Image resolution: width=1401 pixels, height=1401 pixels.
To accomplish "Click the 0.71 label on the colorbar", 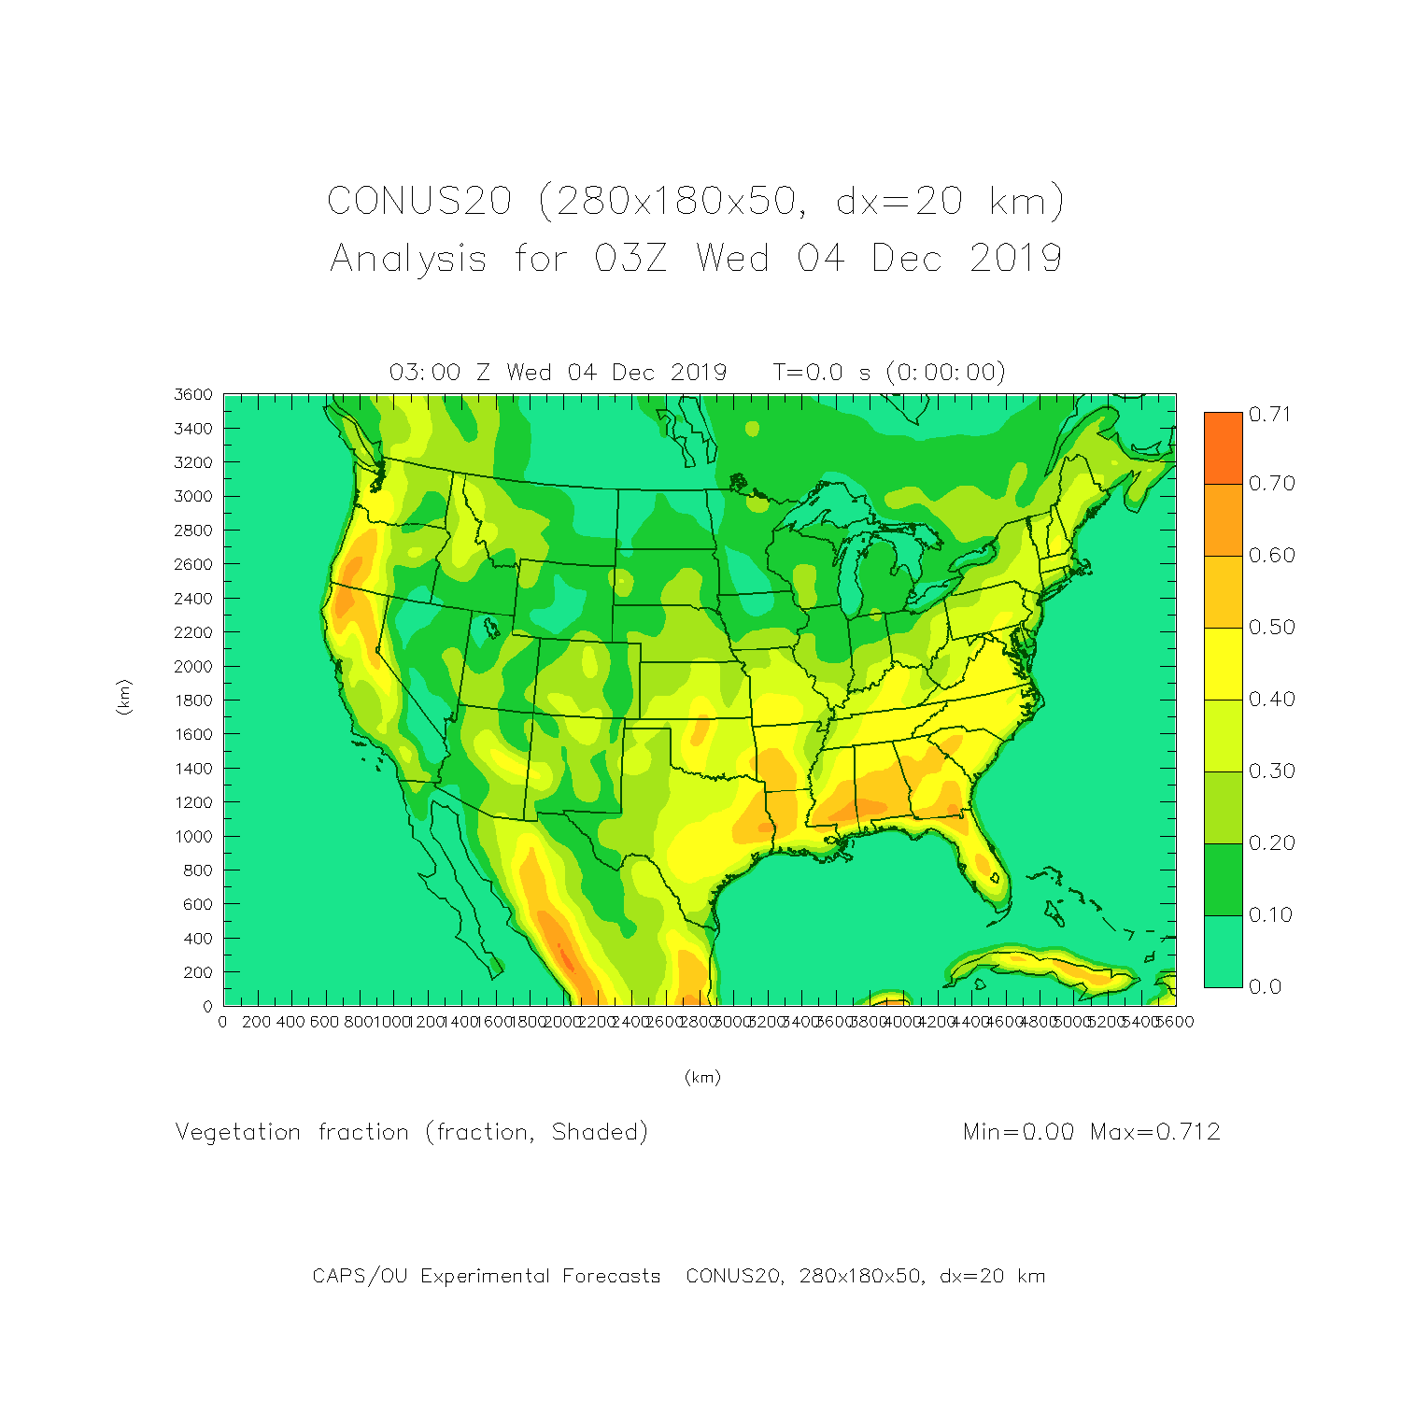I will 1270,415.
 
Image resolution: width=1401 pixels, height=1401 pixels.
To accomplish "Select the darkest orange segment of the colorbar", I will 1223,448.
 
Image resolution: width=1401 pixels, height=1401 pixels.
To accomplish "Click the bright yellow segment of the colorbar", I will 1223,664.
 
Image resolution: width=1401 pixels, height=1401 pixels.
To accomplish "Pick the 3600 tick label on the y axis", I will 193,395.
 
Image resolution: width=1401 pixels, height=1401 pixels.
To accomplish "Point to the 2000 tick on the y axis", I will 193,667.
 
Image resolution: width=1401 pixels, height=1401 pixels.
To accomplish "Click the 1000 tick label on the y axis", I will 193,837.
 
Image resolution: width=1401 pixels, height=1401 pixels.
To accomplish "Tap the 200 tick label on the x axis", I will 256,1022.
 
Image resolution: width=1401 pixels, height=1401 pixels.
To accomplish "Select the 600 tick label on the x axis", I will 324,1022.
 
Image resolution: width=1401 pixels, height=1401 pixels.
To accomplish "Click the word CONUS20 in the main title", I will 419,202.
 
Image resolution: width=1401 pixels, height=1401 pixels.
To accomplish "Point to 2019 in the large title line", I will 1015,259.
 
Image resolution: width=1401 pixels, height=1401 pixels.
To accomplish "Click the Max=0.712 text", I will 1155,1132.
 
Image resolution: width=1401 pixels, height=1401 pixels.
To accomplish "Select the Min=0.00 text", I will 1018,1132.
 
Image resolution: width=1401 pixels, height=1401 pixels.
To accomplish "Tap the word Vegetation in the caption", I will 238,1132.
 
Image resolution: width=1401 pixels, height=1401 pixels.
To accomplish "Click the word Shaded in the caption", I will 595,1132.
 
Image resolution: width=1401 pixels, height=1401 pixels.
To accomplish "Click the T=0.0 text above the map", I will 808,373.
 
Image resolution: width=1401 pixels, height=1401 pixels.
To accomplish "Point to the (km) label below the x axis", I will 702,1078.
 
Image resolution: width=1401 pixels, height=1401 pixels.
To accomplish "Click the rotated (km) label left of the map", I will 123,698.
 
